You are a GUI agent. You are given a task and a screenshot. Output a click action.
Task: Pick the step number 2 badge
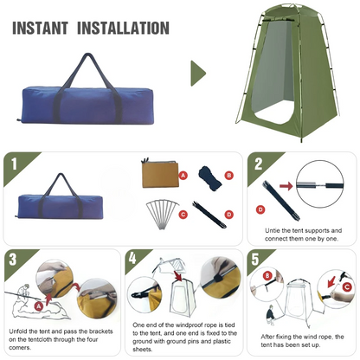click(257, 164)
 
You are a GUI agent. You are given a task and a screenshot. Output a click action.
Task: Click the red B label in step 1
click(229, 175)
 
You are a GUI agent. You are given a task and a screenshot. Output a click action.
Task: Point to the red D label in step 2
click(260, 209)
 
